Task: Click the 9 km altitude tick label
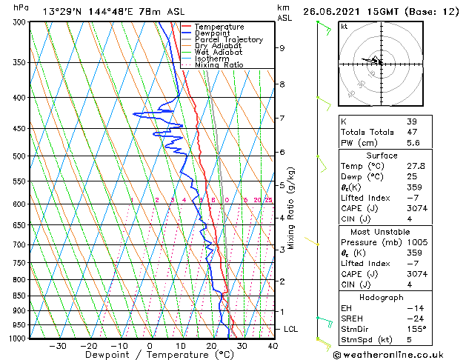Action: tap(282, 48)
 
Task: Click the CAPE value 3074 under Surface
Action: tap(416, 208)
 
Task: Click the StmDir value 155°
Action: tap(416, 328)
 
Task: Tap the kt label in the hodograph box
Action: tap(344, 27)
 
